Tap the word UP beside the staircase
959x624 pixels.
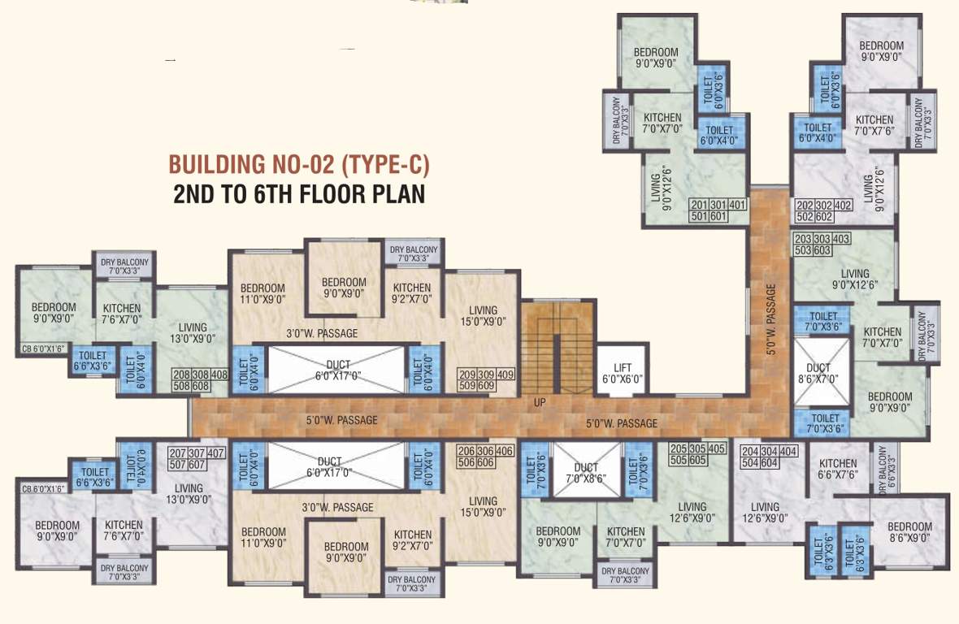(540, 402)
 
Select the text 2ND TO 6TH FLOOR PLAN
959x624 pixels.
(298, 195)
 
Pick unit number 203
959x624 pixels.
(803, 239)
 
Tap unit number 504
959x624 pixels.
(748, 463)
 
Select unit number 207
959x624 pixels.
(177, 453)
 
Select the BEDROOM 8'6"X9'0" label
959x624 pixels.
(909, 531)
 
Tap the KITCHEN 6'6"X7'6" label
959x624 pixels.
(838, 469)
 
